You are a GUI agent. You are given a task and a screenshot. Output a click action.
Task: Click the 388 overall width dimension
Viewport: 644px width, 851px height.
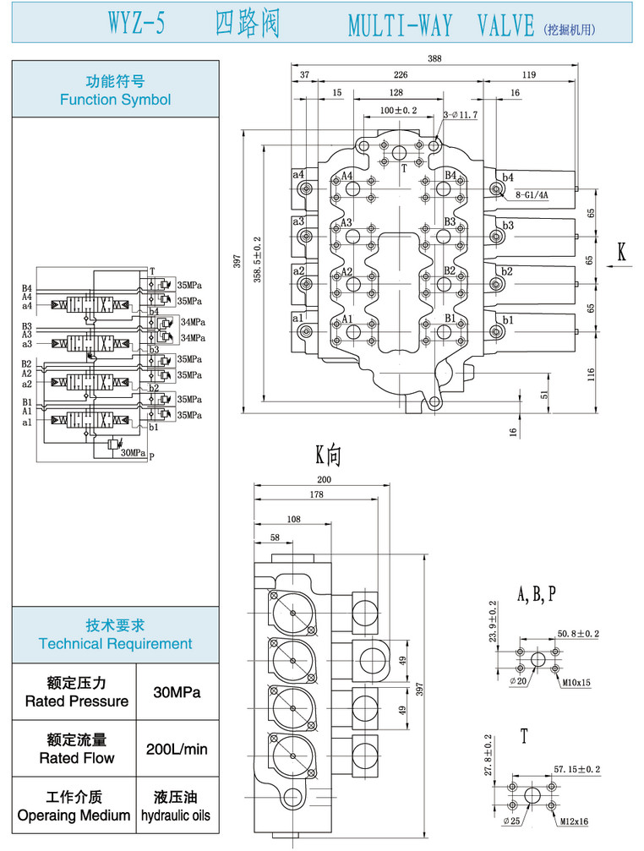pyautogui.click(x=435, y=58)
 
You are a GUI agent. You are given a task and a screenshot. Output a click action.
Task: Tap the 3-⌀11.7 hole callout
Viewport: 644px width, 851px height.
pyautogui.click(x=461, y=115)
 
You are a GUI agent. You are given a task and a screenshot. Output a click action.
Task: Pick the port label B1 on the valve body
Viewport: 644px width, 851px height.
pyautogui.click(x=450, y=319)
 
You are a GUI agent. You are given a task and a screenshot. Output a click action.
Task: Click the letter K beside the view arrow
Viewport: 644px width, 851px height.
pyautogui.click(x=621, y=252)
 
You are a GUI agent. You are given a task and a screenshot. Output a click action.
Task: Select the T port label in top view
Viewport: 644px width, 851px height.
pyautogui.click(x=404, y=168)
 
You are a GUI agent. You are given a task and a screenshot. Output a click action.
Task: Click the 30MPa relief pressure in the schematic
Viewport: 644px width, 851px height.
pyautogui.click(x=133, y=453)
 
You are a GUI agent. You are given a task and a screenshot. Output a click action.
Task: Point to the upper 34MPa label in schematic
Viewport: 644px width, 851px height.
pyautogui.click(x=193, y=322)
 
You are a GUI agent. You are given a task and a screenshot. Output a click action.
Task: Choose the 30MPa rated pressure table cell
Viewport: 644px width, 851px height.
pyautogui.click(x=177, y=692)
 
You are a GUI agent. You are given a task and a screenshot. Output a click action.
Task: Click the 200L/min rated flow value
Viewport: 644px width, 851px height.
pyautogui.click(x=177, y=749)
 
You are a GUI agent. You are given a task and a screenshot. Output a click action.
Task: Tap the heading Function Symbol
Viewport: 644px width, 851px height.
pyautogui.click(x=115, y=100)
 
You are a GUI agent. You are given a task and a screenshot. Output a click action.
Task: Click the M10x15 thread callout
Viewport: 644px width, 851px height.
pyautogui.click(x=575, y=682)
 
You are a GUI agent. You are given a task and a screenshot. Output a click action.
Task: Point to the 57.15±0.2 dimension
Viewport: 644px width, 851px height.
pyautogui.click(x=576, y=770)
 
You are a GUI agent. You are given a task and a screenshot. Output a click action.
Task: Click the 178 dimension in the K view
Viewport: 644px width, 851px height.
pyautogui.click(x=317, y=494)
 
